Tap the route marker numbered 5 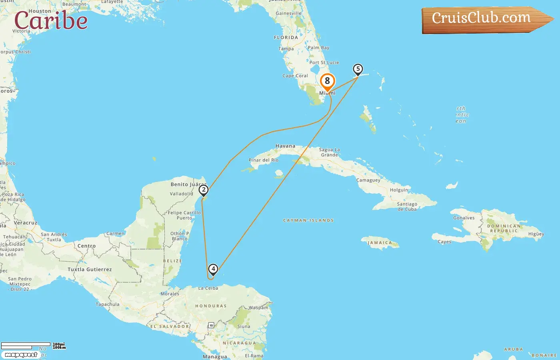pos(358,69)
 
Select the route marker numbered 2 pos(204,190)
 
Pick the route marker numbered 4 pos(213,269)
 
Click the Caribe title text pos(51,21)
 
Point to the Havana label pos(285,146)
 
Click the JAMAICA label pos(380,243)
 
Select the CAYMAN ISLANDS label pos(308,220)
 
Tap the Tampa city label pos(286,49)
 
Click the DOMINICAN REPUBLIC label pos(504,228)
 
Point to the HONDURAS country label pos(211,306)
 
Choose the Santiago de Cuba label pos(407,206)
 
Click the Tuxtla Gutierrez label pos(90,270)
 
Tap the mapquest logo pos(21,355)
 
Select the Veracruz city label pos(25,223)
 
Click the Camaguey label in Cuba pos(368,180)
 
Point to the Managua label pos(215,356)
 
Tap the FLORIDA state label pos(286,38)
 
